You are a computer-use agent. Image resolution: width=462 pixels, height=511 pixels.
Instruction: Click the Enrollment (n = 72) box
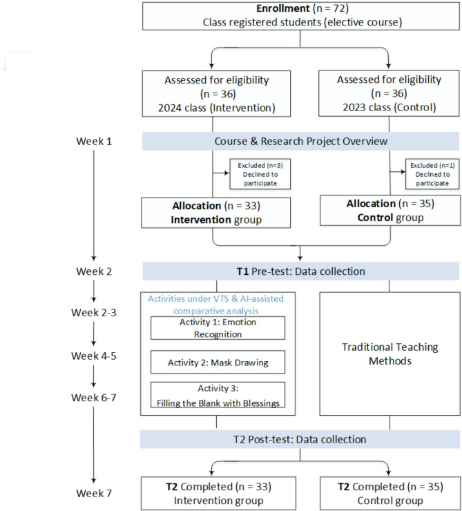point(301,16)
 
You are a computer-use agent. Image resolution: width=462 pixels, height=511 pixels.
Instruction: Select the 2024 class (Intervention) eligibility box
point(216,94)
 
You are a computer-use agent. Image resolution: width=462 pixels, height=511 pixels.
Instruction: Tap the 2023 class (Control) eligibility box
point(389,93)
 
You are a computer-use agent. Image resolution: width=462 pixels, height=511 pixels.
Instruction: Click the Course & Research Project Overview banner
point(300,141)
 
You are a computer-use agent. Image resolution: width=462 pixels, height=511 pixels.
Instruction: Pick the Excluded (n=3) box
point(260,174)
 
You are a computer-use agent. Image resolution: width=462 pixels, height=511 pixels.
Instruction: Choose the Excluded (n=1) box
point(432,174)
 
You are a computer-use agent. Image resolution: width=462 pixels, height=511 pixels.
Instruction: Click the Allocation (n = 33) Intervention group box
point(216,213)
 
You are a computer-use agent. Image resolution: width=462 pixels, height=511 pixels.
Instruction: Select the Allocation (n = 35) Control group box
point(390,211)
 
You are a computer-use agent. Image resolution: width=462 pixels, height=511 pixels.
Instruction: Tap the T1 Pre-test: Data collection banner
point(300,271)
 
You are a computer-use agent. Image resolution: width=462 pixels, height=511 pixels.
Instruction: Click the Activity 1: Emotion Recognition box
point(218,328)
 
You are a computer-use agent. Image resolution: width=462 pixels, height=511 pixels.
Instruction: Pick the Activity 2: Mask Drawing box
point(218,362)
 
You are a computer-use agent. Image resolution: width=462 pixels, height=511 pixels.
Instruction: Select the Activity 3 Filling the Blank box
point(218,395)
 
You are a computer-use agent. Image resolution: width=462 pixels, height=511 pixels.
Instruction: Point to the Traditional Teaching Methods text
point(390,354)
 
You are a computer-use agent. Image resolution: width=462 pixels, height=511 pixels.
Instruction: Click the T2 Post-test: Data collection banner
point(300,439)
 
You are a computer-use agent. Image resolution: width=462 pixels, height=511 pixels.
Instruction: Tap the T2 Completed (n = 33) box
point(218,494)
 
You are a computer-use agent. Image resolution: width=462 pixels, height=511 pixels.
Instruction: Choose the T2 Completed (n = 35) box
point(390,494)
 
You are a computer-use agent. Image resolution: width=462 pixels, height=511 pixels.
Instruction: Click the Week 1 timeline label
point(94,141)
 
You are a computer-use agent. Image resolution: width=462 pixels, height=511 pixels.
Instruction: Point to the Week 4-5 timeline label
point(94,356)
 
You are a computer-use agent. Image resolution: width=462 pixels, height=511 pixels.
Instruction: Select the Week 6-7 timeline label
point(94,398)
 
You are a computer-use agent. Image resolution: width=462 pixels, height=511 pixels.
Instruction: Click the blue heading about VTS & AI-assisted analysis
point(215,305)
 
